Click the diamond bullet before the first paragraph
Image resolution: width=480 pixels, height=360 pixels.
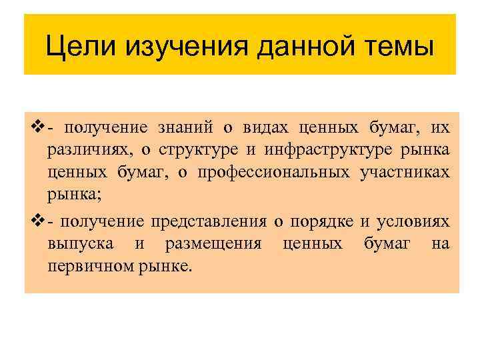(x=37, y=127)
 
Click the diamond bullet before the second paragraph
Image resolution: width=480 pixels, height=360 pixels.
(x=37, y=221)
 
